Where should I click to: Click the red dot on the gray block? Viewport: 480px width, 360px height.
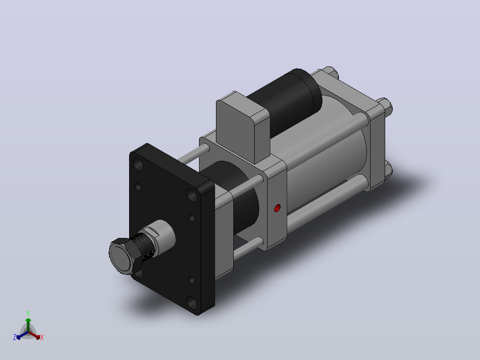coord(277,209)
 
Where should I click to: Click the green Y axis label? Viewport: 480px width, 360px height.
coord(28,314)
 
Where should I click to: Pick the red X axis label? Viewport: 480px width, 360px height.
coord(42,337)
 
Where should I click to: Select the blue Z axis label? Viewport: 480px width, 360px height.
coord(14,337)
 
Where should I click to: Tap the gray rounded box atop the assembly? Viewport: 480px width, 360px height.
coord(243,127)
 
